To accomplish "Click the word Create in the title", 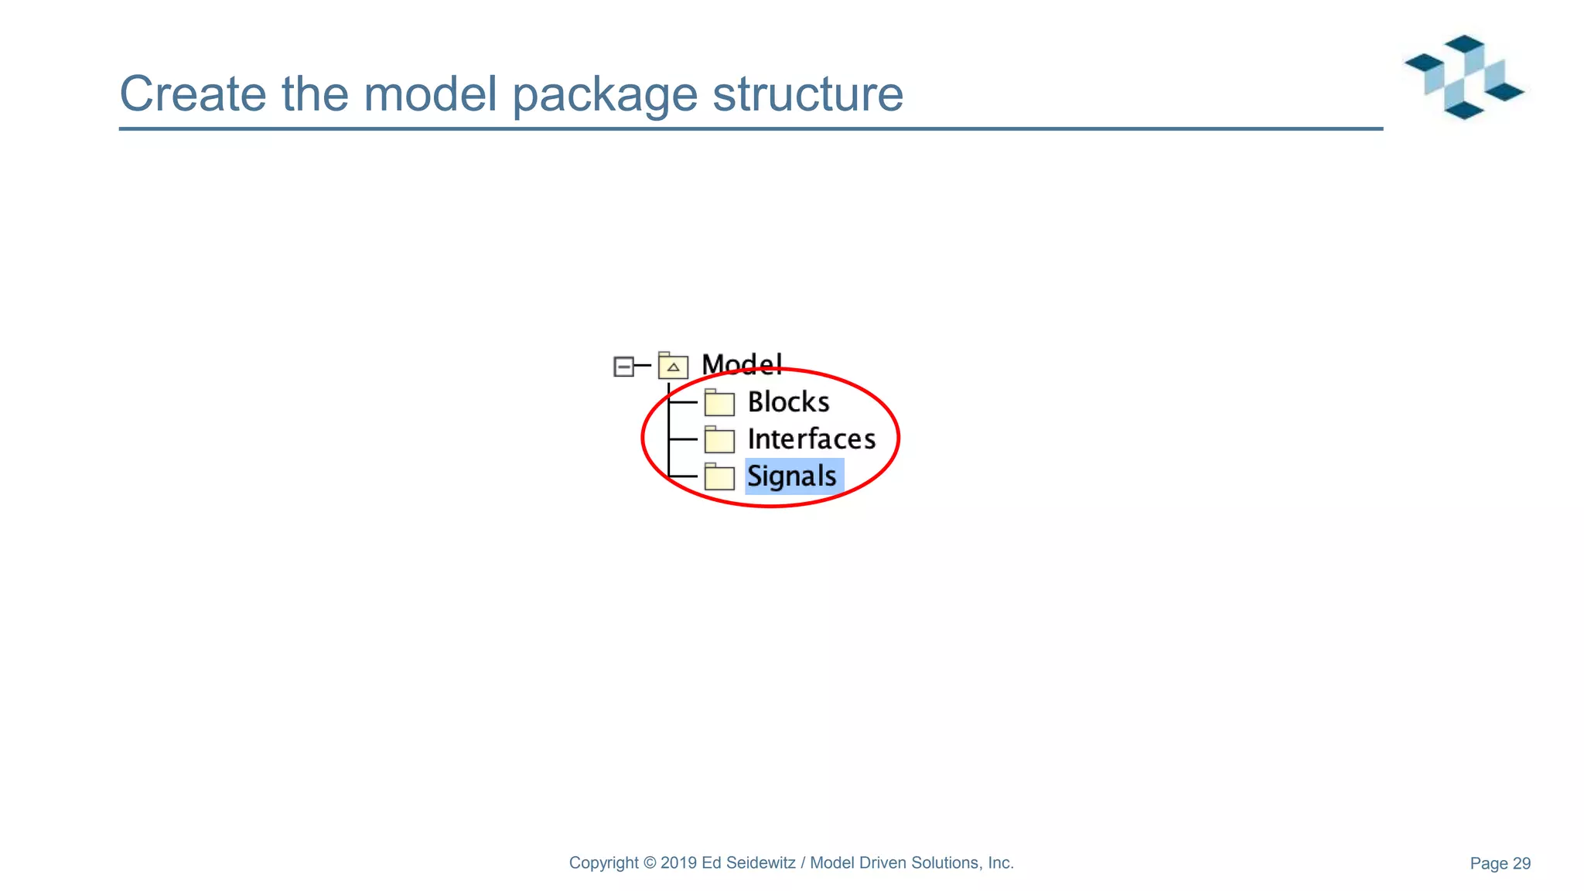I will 193,94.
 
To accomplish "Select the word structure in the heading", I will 807,94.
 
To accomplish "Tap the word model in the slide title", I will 430,94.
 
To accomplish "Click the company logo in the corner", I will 1464,77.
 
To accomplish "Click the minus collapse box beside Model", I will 623,366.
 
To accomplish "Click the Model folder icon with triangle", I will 673,365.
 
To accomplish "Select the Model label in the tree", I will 741,364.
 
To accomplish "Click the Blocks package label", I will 788,402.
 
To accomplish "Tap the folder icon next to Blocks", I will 719,403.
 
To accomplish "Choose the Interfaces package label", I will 811,439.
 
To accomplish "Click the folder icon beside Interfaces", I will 719,440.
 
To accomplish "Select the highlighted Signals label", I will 792,476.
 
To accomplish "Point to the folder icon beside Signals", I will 719,476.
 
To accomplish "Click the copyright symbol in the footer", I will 650,863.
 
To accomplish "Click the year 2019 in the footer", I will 679,863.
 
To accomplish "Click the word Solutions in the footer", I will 946,863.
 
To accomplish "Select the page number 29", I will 1521,864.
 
